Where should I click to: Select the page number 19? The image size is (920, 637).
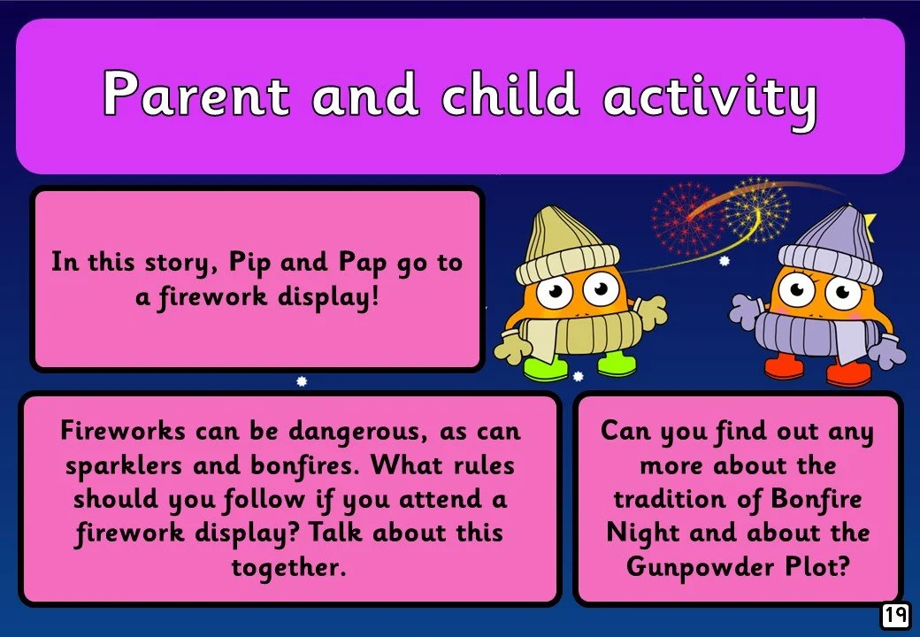tap(895, 615)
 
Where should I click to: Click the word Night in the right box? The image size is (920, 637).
tap(640, 533)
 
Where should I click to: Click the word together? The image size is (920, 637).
tap(288, 567)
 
